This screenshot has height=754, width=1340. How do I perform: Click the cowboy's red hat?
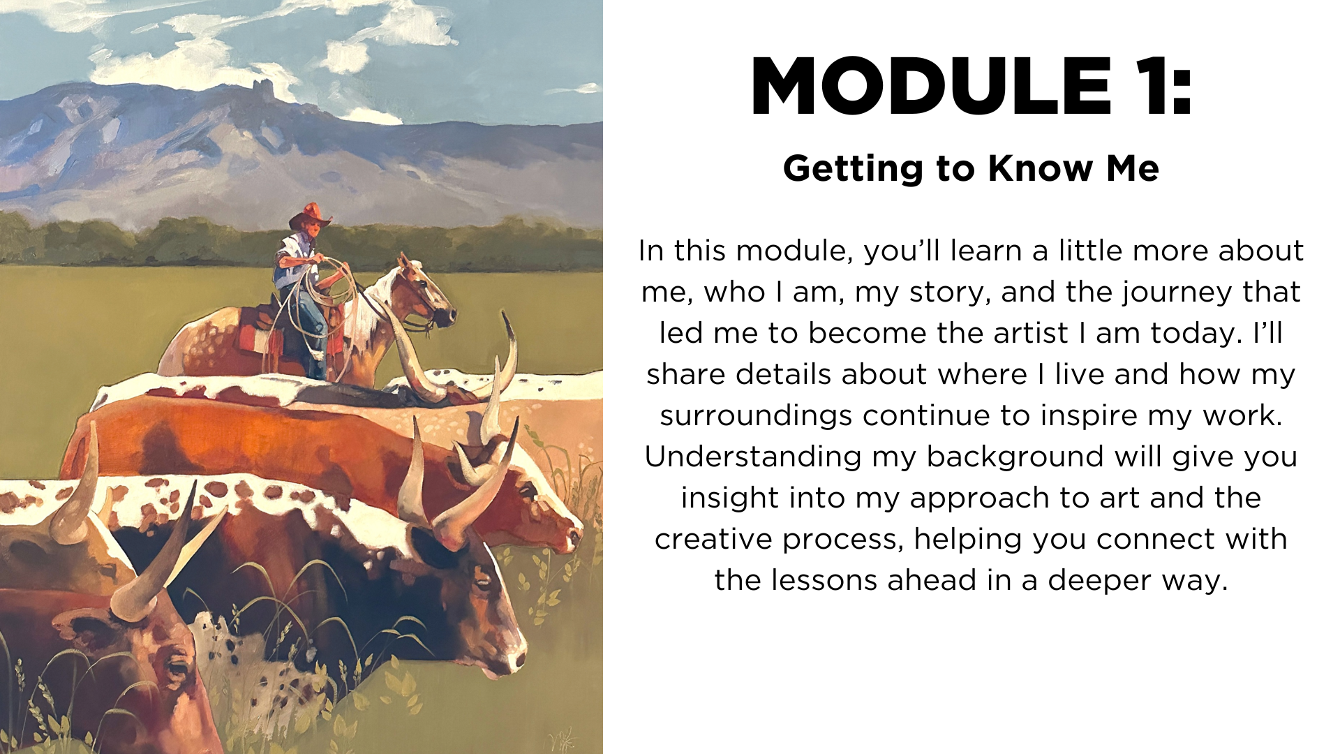[310, 216]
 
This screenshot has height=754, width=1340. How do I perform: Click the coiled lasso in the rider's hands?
[328, 283]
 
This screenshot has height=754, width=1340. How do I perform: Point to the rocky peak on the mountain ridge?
[264, 89]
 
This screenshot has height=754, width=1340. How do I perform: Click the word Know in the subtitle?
[1041, 168]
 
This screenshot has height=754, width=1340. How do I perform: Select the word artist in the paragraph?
[1032, 333]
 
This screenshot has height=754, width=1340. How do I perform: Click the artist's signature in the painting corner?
[563, 738]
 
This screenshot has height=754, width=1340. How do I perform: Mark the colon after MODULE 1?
[1182, 94]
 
